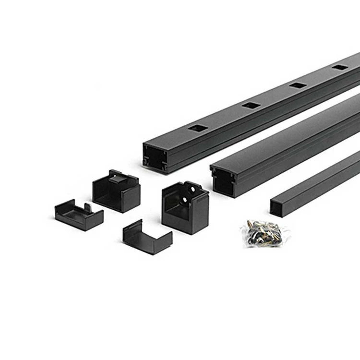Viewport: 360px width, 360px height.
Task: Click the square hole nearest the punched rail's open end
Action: tap(198, 128)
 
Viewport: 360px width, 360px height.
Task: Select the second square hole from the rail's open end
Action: tap(251, 105)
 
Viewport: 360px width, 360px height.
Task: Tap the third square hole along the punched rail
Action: tap(298, 85)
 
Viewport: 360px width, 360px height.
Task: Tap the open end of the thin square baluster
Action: tap(276, 207)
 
